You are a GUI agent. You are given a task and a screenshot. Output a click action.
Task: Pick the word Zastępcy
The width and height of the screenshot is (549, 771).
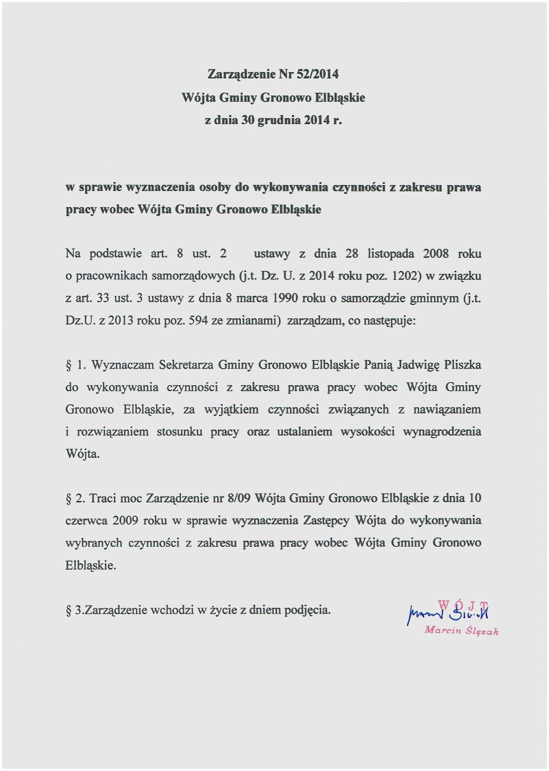pos(326,521)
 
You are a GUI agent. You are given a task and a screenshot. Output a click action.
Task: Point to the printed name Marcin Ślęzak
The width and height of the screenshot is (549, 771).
pos(461,631)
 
